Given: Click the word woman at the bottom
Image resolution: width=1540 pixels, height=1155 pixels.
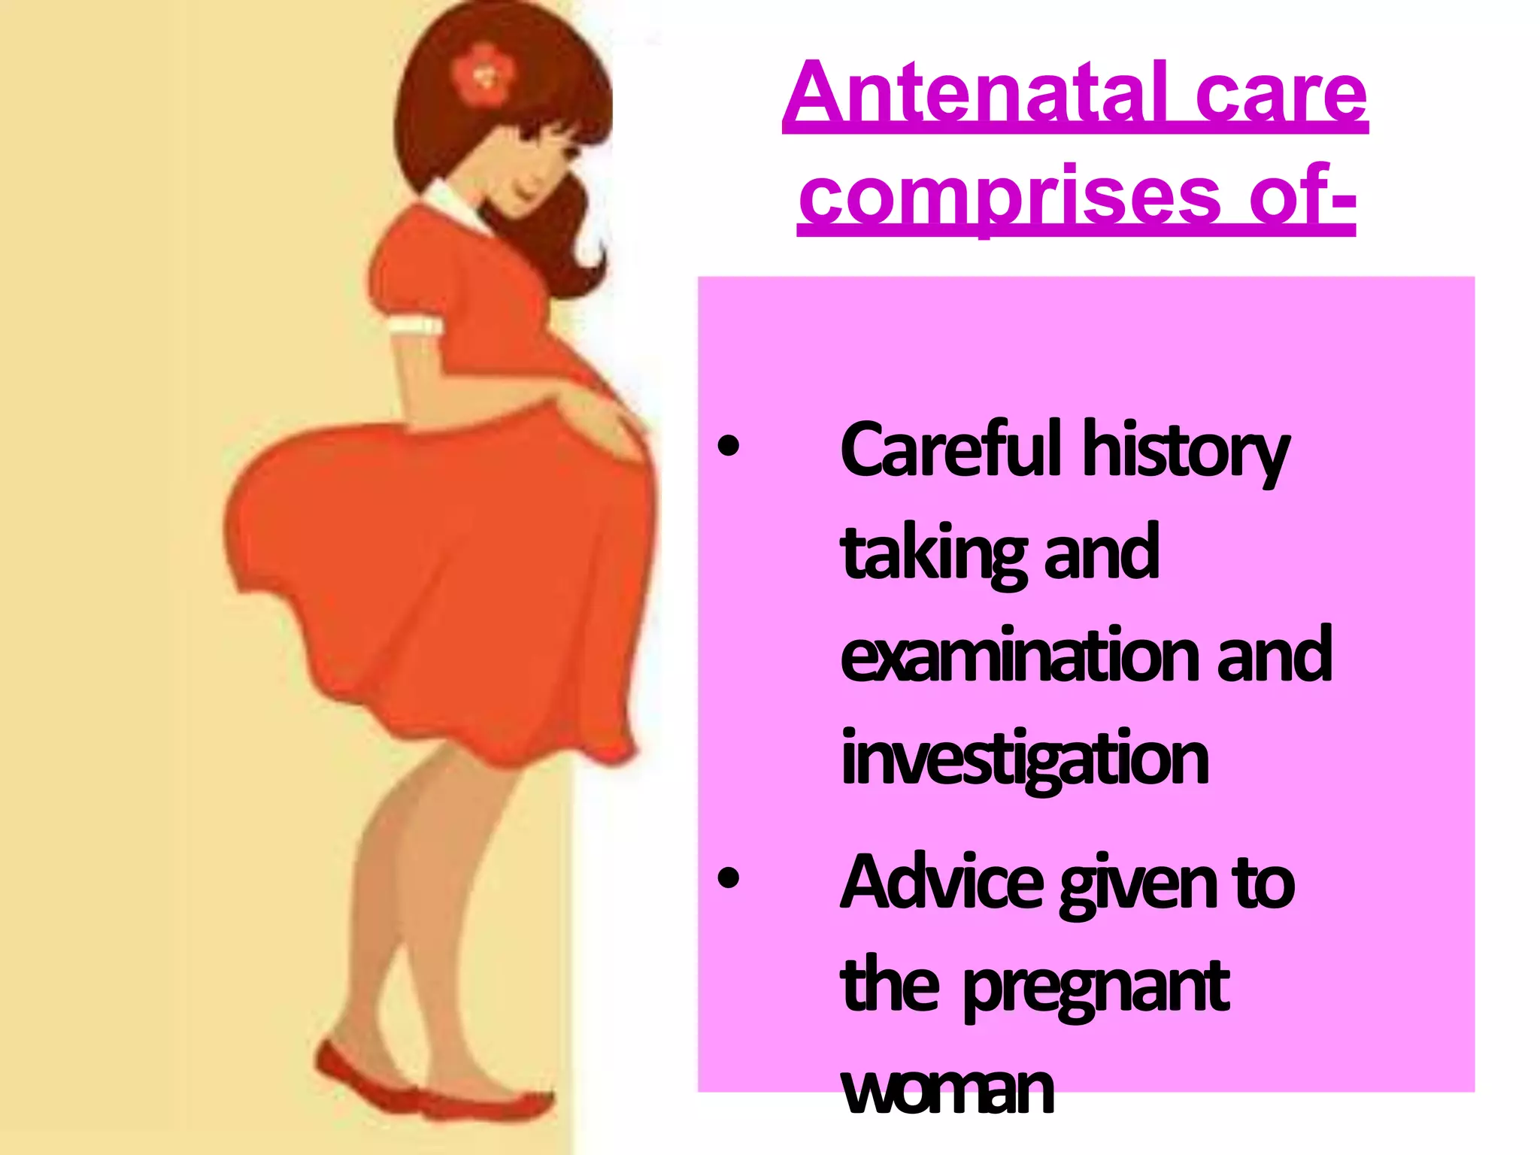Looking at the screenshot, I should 947,1090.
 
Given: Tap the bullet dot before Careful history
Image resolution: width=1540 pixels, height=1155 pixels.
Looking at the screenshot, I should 728,447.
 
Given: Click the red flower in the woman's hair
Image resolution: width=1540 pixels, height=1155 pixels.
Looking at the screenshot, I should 484,74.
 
